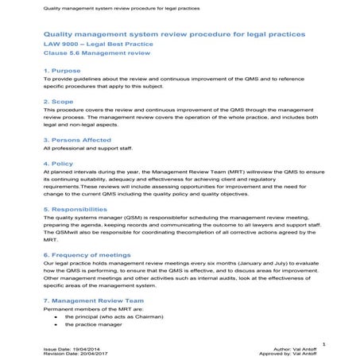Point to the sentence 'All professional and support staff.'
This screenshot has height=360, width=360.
[x=88, y=149]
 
